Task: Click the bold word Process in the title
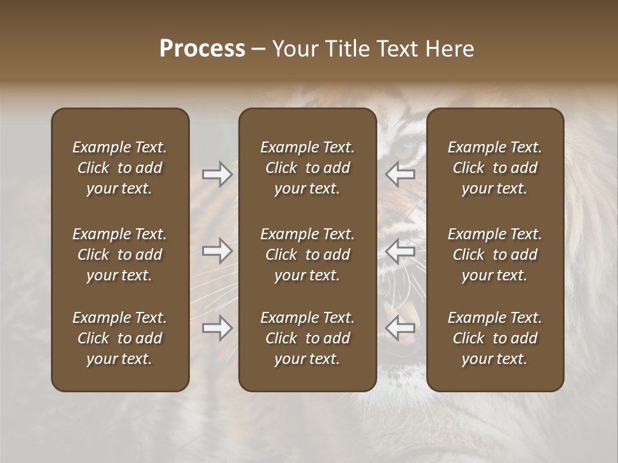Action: coord(202,49)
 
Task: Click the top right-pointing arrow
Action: coord(217,174)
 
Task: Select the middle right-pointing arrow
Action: coord(217,251)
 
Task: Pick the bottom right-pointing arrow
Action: coord(217,328)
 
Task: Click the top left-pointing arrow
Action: coord(400,174)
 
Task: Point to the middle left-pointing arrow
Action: coord(400,251)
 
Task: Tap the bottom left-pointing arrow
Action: coord(400,328)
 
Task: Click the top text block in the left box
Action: coord(120,168)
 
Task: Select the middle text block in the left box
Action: coord(120,255)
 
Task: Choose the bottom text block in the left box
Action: coord(120,338)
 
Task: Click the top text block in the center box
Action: coord(307,168)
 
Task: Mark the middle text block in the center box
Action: coord(307,255)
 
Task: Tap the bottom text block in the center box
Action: coord(307,338)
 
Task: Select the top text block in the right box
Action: coord(494,168)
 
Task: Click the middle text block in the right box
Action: coord(494,255)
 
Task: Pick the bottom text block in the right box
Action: coord(494,338)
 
